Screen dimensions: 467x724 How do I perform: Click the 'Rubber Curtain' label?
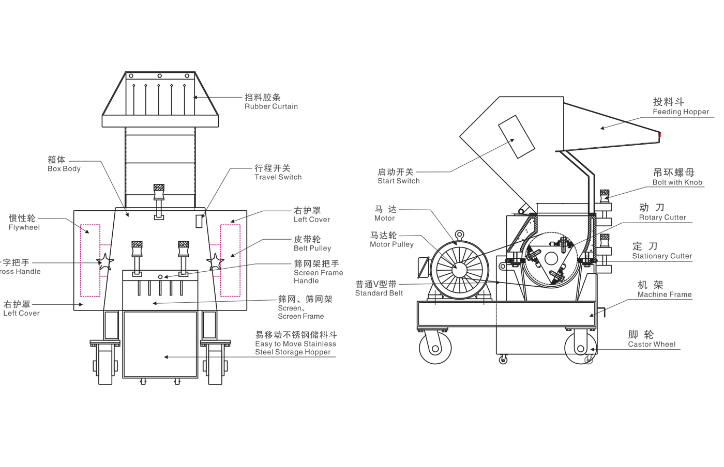[270, 102]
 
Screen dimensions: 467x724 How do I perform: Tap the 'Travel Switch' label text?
[278, 173]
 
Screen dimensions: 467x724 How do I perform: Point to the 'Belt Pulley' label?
[312, 243]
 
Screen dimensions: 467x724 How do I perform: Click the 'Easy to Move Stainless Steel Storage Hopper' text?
[295, 344]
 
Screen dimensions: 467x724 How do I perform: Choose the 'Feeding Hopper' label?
[680, 106]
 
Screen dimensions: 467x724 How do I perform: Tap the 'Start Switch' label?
[398, 176]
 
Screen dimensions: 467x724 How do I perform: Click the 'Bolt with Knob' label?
[677, 177]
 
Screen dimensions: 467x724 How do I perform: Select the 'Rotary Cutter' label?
[661, 212]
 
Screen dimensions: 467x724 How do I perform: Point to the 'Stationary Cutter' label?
[661, 251]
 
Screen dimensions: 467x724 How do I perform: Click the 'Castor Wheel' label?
[651, 339]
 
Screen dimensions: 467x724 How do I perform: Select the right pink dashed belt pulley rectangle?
[230, 260]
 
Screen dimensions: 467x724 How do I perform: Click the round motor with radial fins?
[459, 269]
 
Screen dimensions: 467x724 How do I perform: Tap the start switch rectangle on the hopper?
[516, 136]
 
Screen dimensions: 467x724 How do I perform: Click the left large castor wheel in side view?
[435, 348]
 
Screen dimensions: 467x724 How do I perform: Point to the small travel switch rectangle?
[199, 221]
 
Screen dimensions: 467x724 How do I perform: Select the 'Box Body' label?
[64, 164]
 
